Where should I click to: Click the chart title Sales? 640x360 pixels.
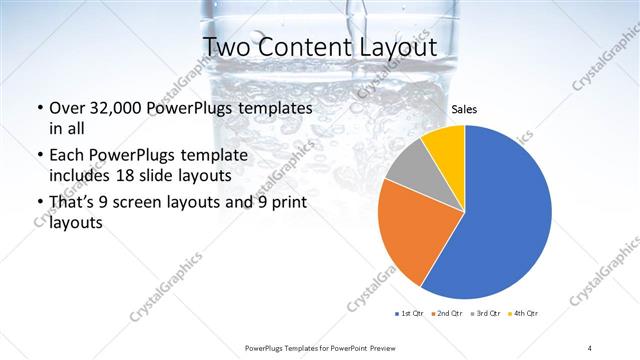(463, 109)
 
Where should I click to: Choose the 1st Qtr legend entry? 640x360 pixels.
(410, 314)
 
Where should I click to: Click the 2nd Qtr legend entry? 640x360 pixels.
(447, 314)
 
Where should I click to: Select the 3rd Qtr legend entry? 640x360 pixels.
(485, 314)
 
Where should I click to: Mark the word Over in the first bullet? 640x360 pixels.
(66, 108)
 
